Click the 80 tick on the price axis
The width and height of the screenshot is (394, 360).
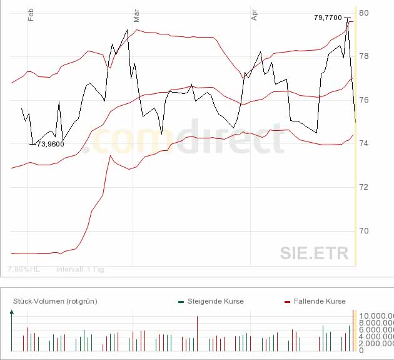363,13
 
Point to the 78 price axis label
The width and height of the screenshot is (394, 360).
363,56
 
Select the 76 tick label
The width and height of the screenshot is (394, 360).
363,100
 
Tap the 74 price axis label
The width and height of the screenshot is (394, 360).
363,143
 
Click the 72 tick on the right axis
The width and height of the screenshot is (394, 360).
363,187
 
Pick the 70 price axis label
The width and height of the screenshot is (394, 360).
363,231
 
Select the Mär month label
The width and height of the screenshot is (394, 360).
136,15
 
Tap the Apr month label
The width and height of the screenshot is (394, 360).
254,14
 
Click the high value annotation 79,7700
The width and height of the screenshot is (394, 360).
328,18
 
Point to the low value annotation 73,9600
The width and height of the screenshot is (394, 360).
51,144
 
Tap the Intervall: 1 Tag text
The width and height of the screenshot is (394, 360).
81,269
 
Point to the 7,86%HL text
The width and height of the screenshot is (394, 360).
23,269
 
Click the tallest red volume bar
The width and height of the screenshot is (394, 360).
197,333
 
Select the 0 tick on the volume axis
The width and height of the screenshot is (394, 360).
361,351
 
